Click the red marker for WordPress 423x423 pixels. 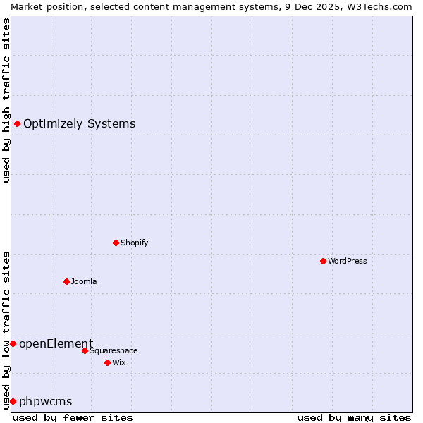323,261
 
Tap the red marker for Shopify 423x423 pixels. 116,243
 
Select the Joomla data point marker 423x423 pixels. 66,281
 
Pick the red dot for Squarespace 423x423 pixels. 85,350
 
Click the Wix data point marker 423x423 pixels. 107,362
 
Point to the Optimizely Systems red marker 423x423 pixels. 17,124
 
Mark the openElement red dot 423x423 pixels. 13,343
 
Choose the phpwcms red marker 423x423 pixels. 13,401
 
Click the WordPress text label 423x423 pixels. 348,261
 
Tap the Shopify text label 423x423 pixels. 134,243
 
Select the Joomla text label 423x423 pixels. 84,281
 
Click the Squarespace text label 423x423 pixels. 114,350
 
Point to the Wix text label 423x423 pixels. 118,362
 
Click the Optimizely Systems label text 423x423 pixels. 79,124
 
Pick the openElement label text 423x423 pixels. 56,343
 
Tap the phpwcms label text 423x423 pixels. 45,401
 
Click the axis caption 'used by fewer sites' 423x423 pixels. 73,417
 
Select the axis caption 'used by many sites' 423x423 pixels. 354,417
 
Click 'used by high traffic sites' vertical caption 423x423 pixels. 6,100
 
